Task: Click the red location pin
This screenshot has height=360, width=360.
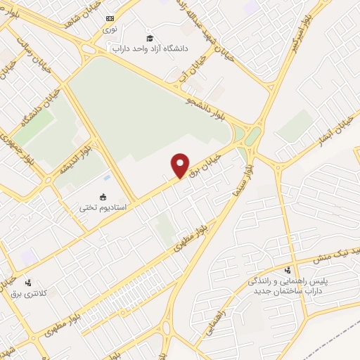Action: (x=181, y=165)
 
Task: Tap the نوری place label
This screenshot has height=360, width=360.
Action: (x=110, y=30)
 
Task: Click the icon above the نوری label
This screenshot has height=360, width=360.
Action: (x=110, y=18)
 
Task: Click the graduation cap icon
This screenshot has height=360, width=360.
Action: (x=149, y=37)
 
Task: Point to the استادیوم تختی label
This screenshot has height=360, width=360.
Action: (x=94, y=207)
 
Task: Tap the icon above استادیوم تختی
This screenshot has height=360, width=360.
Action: (x=103, y=197)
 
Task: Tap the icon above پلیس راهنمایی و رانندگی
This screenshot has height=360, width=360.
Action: (x=288, y=269)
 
